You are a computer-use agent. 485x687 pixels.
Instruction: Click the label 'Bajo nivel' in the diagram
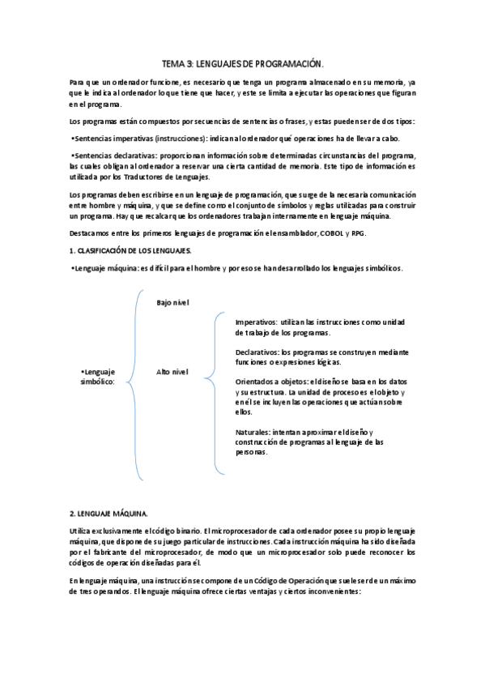pos(172,302)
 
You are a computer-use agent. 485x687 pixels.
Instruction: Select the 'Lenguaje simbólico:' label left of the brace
pos(97,376)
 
